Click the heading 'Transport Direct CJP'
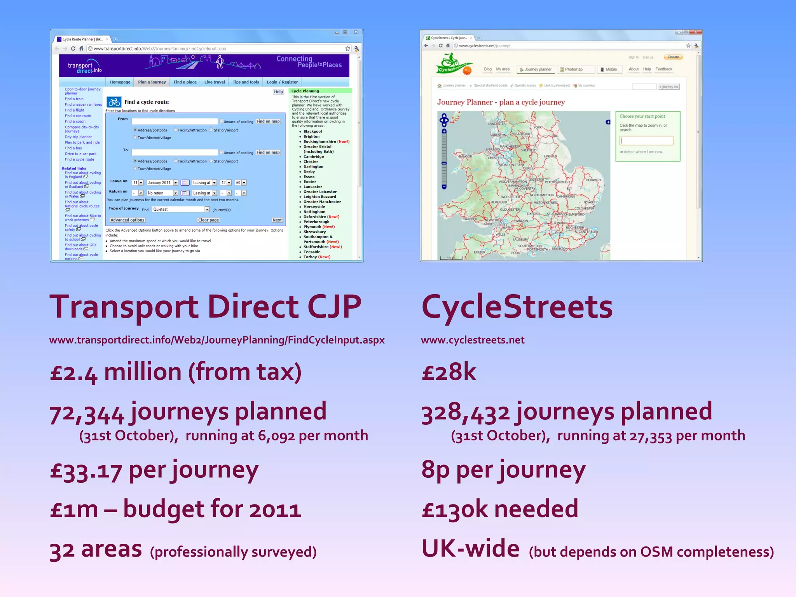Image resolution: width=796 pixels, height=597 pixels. tap(205, 307)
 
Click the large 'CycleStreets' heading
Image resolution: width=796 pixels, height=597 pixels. tap(517, 307)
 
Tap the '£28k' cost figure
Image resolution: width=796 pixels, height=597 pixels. tap(449, 372)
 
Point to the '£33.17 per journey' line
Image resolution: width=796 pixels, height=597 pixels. tap(154, 470)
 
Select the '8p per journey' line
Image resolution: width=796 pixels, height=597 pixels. tap(503, 470)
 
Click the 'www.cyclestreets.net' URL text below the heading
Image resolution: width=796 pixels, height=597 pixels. tap(473, 340)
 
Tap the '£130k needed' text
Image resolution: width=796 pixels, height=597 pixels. tap(500, 509)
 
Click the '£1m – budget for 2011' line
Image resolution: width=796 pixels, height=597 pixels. tap(176, 509)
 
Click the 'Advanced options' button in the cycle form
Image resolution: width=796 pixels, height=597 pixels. tap(127, 220)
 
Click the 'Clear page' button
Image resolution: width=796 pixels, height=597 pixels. tap(209, 220)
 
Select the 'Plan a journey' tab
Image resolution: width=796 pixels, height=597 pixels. tap(152, 82)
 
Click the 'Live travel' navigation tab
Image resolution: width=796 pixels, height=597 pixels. tap(215, 82)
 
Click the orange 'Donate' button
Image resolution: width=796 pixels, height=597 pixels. tap(673, 57)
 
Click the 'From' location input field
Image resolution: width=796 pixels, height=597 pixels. tap(175, 121)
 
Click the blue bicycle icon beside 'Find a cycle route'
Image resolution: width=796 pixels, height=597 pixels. tap(114, 102)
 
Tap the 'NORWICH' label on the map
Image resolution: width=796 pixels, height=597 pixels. tap(594, 180)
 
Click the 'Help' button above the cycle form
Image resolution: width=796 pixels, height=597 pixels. tap(278, 92)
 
